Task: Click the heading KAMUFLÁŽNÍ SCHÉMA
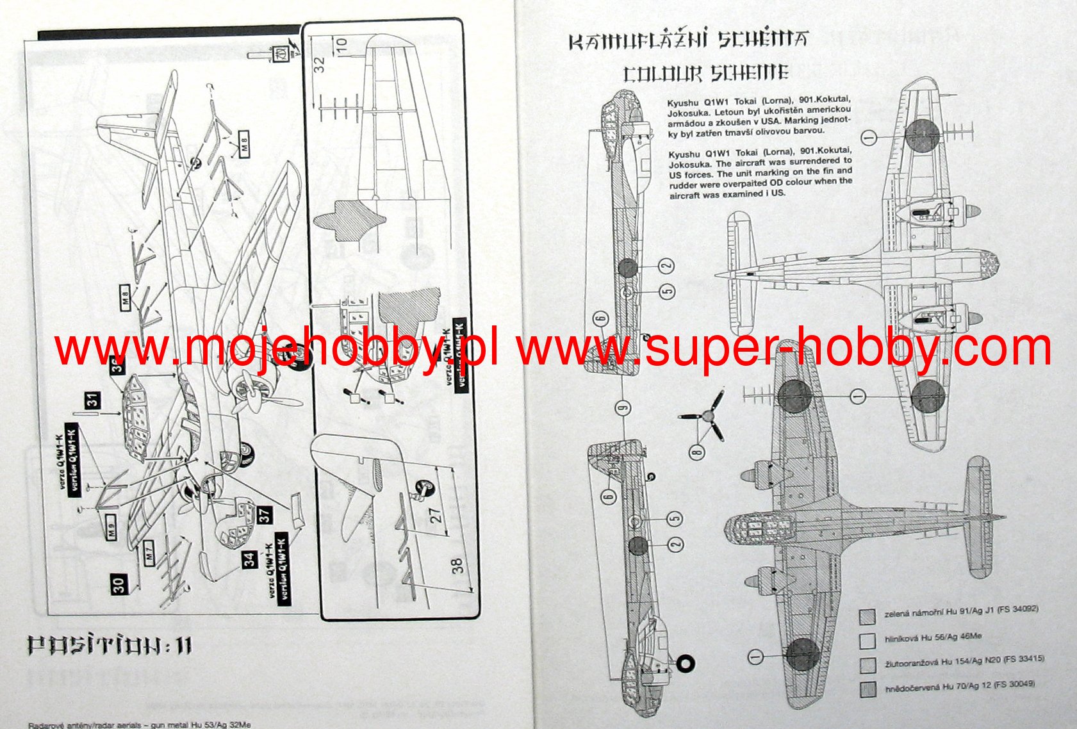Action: pyautogui.click(x=687, y=41)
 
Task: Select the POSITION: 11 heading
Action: pyautogui.click(x=110, y=646)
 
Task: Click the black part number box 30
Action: pyautogui.click(x=119, y=584)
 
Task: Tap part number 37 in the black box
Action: pyautogui.click(x=264, y=514)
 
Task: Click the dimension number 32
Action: pyautogui.click(x=320, y=64)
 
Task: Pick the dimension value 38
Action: pyautogui.click(x=457, y=565)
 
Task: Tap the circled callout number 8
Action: pyautogui.click(x=697, y=453)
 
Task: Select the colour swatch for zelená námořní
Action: pyautogui.click(x=868, y=616)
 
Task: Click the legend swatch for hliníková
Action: pyautogui.click(x=868, y=640)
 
